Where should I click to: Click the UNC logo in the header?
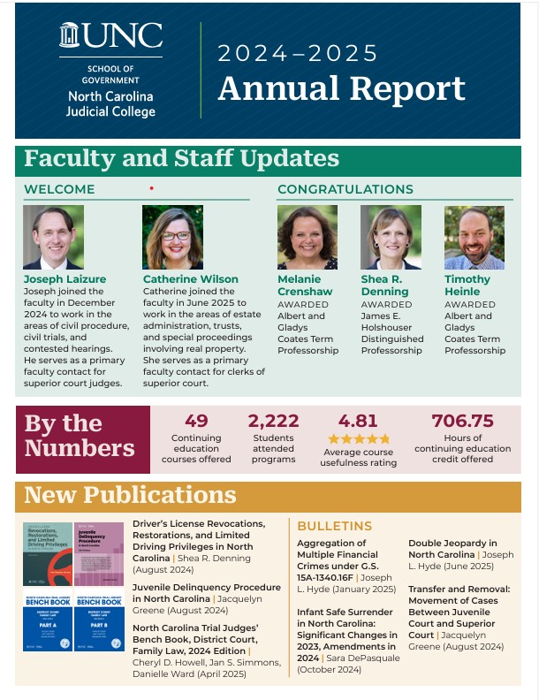[x=110, y=36]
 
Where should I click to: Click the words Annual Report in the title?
[x=341, y=88]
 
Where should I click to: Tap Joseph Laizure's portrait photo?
[x=53, y=237]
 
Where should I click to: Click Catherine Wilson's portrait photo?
[x=173, y=237]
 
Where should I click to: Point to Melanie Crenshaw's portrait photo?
[x=307, y=237]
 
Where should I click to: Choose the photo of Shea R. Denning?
[x=391, y=237]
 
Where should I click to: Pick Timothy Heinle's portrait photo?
[x=474, y=237]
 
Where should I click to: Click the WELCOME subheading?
[x=59, y=189]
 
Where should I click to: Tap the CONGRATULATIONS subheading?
[x=345, y=189]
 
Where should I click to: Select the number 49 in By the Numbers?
[x=196, y=421]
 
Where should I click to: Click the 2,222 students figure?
[x=275, y=421]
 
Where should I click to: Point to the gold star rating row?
[x=358, y=438]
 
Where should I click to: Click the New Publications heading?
[x=130, y=495]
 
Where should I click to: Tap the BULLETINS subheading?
[x=335, y=526]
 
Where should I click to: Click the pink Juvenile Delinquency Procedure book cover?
[x=98, y=553]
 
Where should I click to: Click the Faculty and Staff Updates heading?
[x=181, y=158]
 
